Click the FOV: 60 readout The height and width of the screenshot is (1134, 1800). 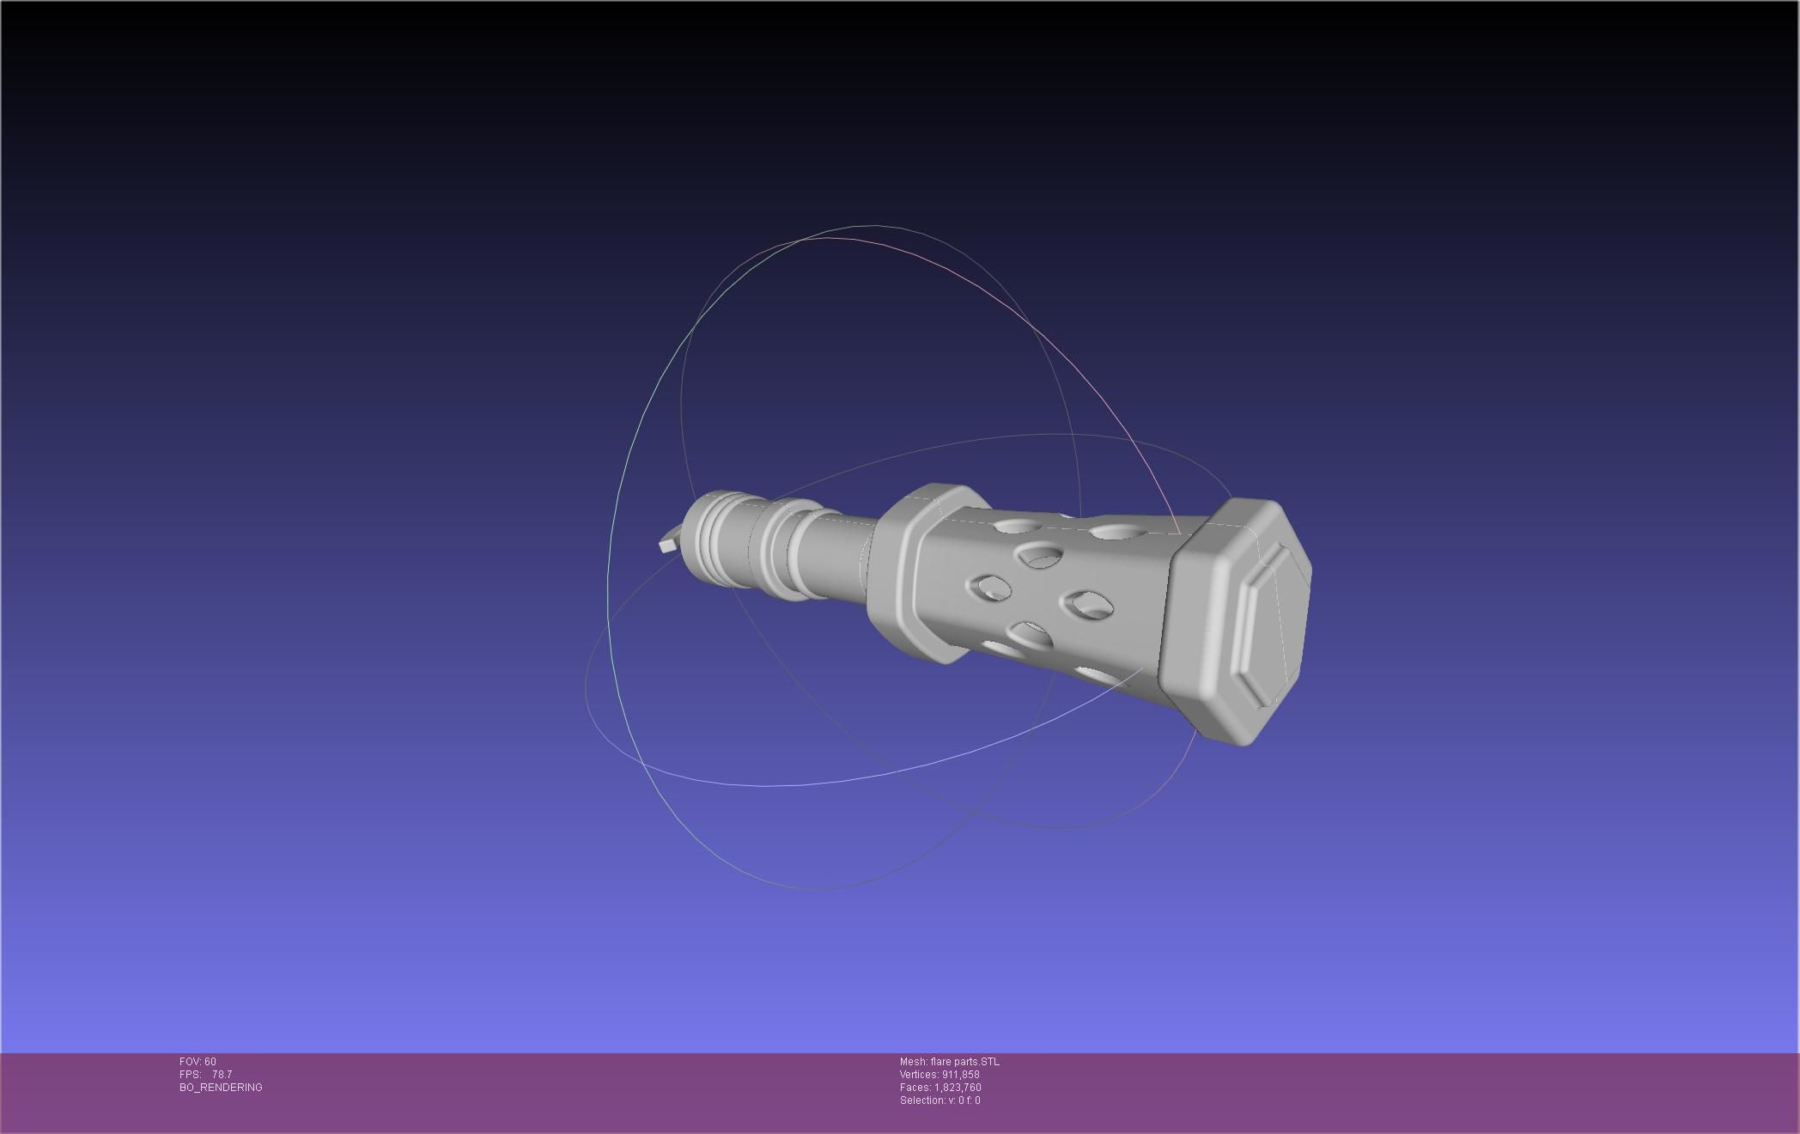coord(198,1062)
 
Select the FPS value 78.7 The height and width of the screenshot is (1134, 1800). coord(222,1075)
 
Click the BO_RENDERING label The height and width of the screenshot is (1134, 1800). coord(221,1088)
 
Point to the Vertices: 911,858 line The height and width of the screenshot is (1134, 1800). coord(940,1075)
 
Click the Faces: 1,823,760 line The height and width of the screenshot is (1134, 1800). coord(940,1088)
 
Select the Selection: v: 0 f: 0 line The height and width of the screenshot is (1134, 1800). coord(940,1100)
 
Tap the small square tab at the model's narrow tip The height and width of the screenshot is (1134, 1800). coord(667,545)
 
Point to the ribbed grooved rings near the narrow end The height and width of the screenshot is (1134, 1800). coord(713,537)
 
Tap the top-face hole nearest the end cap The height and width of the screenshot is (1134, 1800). coord(1115,533)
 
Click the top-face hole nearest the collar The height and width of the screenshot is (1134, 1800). coord(1019,525)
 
